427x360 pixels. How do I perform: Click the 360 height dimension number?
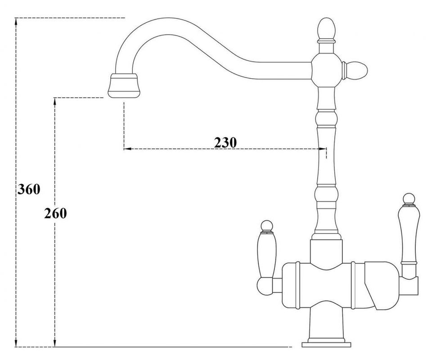point(29,189)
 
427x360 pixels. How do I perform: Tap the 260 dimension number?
point(55,213)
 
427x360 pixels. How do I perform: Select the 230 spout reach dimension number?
point(225,142)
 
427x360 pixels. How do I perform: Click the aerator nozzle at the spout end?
point(124,85)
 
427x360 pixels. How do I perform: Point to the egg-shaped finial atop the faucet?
point(326,29)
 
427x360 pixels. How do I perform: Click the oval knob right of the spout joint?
point(357,70)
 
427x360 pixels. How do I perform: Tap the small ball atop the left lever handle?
point(267,226)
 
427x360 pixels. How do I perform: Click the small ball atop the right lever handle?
point(409,199)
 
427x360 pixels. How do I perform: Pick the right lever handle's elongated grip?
point(407,234)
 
